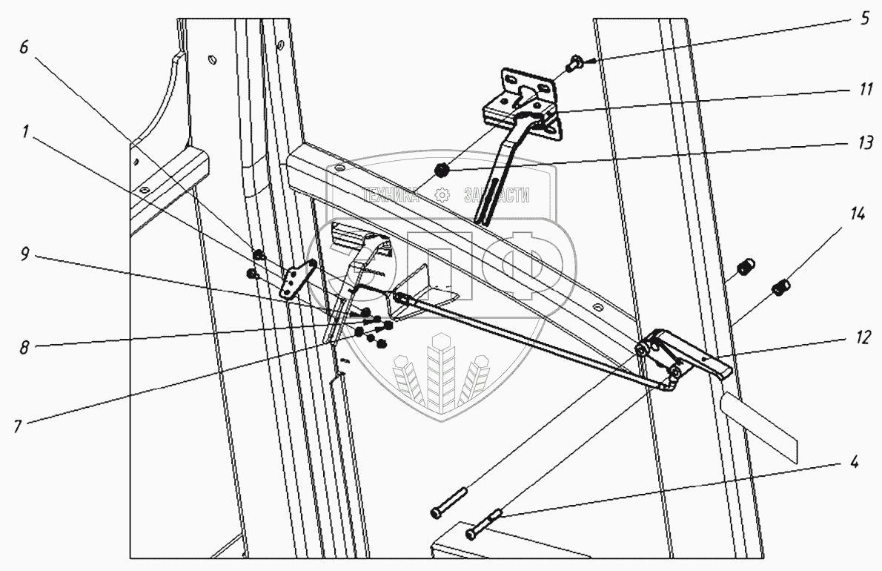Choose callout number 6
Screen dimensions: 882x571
pos(24,47)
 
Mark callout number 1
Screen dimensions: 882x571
pos(26,132)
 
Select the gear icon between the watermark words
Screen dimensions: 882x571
pos(442,196)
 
